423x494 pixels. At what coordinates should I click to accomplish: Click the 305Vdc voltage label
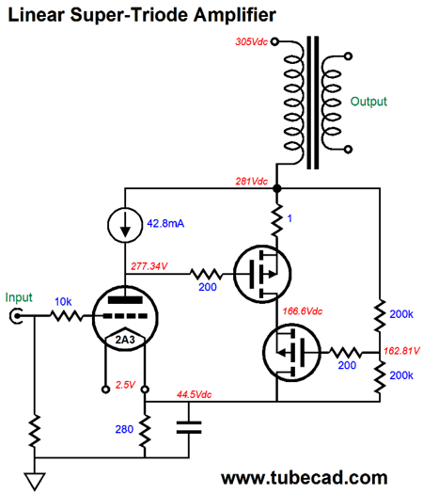[252, 41]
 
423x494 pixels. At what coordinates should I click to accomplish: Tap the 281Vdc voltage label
[252, 182]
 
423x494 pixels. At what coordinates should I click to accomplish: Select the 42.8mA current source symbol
[125, 225]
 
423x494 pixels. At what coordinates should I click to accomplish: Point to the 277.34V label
[149, 266]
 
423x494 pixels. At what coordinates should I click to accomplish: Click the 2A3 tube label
[125, 340]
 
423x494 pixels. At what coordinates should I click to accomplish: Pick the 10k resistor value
[63, 302]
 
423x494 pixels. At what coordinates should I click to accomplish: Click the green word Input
[19, 297]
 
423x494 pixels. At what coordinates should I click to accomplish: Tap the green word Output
[368, 102]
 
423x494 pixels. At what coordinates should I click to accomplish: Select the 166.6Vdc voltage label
[303, 311]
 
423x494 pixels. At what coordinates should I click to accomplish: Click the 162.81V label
[402, 351]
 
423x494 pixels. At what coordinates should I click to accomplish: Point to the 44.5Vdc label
[195, 394]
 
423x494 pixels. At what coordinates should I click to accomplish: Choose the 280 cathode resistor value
[124, 429]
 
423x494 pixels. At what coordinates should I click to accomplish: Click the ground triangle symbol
[35, 481]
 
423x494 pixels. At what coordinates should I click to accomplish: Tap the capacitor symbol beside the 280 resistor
[189, 427]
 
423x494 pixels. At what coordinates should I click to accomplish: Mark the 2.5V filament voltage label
[125, 385]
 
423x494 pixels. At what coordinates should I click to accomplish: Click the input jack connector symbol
[16, 316]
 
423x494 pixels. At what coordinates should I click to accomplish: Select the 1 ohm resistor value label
[290, 218]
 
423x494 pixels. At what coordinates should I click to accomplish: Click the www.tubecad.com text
[305, 478]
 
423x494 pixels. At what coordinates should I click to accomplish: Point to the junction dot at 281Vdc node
[276, 188]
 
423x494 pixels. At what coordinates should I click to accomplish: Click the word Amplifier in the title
[234, 15]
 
